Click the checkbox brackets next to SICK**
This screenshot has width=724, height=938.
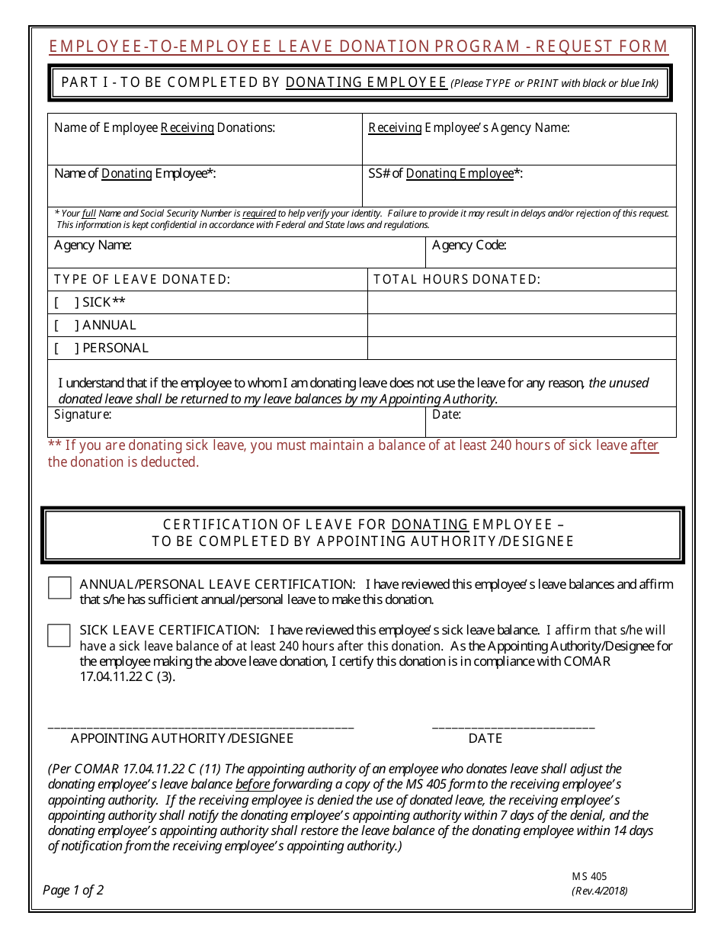(67, 303)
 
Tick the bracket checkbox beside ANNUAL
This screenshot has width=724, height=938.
(67, 326)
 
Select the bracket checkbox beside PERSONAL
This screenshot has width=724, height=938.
(67, 349)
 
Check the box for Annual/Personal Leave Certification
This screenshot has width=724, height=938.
(59, 588)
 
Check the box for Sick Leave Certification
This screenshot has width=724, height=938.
(59, 635)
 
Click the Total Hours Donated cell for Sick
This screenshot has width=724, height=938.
(521, 303)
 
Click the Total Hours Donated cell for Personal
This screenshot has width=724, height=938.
(521, 349)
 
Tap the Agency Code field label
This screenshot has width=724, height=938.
(469, 246)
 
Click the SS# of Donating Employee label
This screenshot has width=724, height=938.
(445, 174)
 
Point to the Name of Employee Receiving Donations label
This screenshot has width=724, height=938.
(164, 128)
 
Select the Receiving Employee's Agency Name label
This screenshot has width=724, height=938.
(469, 128)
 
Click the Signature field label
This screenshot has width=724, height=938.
(82, 415)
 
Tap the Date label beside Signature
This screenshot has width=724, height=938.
(446, 415)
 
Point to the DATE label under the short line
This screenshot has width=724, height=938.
(485, 739)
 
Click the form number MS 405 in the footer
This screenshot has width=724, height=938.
(588, 877)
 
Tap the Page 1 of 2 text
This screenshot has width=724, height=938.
(73, 890)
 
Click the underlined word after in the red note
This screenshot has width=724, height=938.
(644, 445)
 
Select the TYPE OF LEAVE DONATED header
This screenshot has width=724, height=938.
(142, 280)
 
